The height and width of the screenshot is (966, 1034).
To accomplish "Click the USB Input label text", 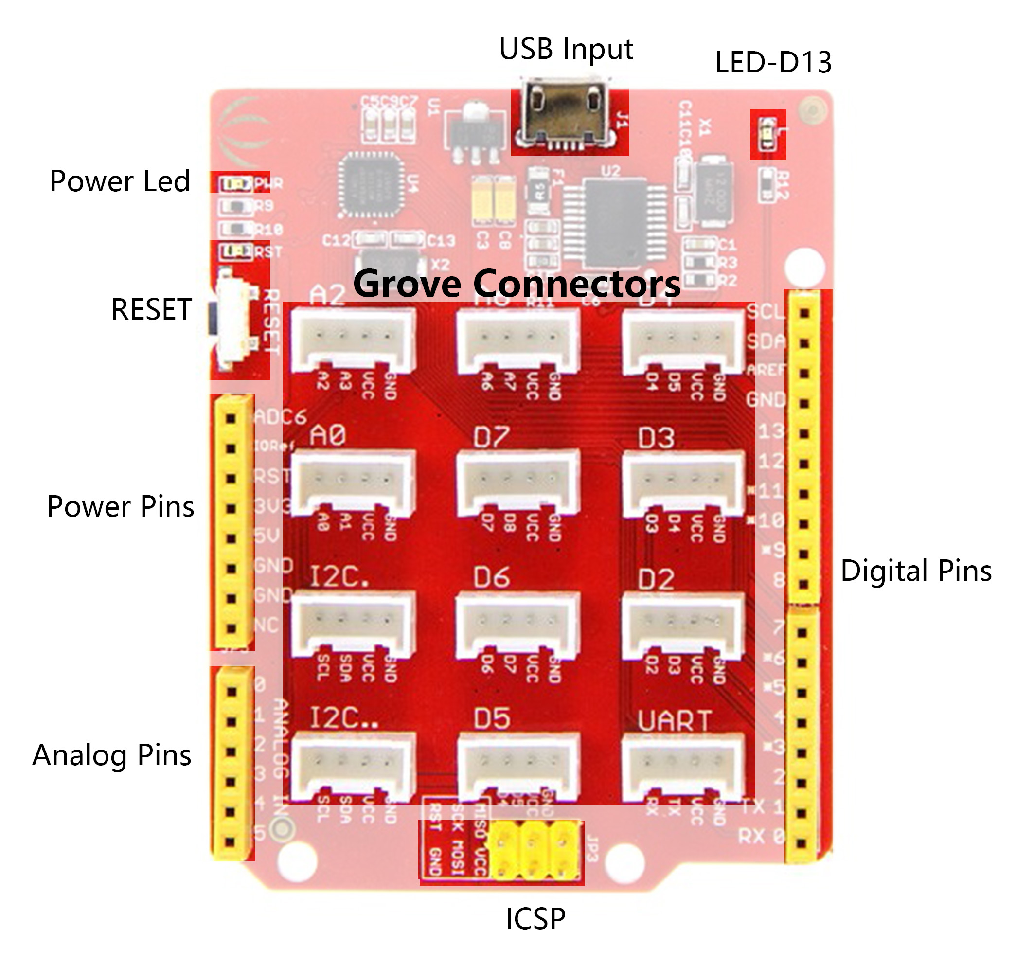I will (x=566, y=50).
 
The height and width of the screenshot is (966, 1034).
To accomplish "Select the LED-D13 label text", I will (x=773, y=62).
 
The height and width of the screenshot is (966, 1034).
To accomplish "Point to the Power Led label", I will (x=120, y=181).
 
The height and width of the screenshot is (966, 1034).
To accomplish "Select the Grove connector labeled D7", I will (x=518, y=483).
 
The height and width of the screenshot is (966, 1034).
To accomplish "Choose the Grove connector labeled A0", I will (x=353, y=483).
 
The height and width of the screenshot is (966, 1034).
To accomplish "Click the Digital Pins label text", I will (x=915, y=571).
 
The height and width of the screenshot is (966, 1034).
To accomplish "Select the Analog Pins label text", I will (x=112, y=755).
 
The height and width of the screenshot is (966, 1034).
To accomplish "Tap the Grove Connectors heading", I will (x=517, y=284).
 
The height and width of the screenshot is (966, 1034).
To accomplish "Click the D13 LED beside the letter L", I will (x=767, y=134).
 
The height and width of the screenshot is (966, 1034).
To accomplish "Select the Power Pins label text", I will (x=120, y=507).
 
